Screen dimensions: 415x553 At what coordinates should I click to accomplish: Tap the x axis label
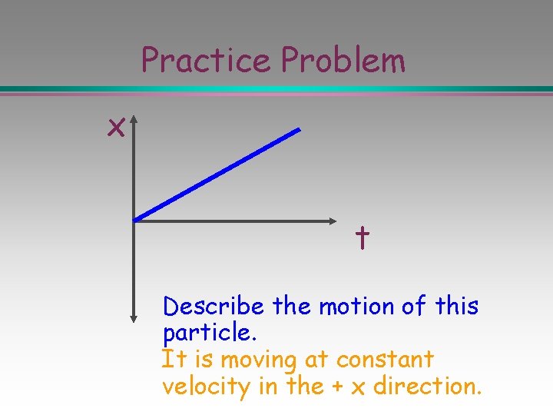116,128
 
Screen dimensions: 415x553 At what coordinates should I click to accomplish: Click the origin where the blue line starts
135,221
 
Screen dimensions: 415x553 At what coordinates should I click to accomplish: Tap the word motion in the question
356,307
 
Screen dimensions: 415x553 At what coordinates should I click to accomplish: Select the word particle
207,334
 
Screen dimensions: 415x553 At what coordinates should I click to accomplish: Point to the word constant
385,359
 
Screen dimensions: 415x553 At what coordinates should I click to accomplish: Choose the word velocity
206,386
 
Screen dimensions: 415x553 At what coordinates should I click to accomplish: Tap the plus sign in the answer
336,386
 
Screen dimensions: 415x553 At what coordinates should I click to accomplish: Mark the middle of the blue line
217,175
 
